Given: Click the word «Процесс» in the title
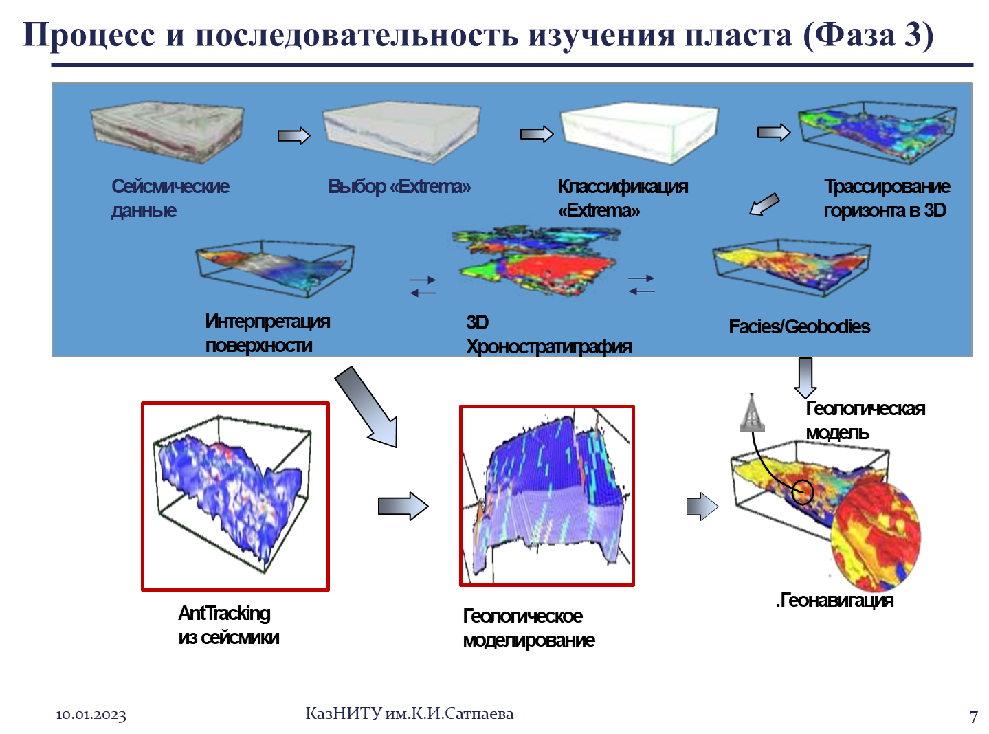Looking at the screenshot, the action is (x=89, y=36).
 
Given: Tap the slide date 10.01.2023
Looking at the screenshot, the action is (x=91, y=715).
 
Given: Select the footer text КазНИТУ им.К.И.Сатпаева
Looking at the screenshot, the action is (x=410, y=713).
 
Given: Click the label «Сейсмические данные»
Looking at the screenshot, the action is (x=170, y=198).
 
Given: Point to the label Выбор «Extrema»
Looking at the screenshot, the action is (x=399, y=186).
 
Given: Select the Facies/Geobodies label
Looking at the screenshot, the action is (x=799, y=326).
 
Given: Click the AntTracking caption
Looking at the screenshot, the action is (x=229, y=625).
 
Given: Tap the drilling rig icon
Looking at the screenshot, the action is (x=752, y=412).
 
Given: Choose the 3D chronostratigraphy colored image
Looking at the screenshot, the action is (x=537, y=260).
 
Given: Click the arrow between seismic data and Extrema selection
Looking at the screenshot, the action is (x=294, y=135).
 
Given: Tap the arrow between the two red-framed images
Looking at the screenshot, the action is (x=403, y=506).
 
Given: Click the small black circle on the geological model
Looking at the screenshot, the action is (x=803, y=492).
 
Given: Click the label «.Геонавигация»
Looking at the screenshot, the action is (x=835, y=600).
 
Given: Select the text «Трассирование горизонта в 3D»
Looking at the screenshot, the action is (x=887, y=198).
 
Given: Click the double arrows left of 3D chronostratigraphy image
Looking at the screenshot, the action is (x=423, y=287).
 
